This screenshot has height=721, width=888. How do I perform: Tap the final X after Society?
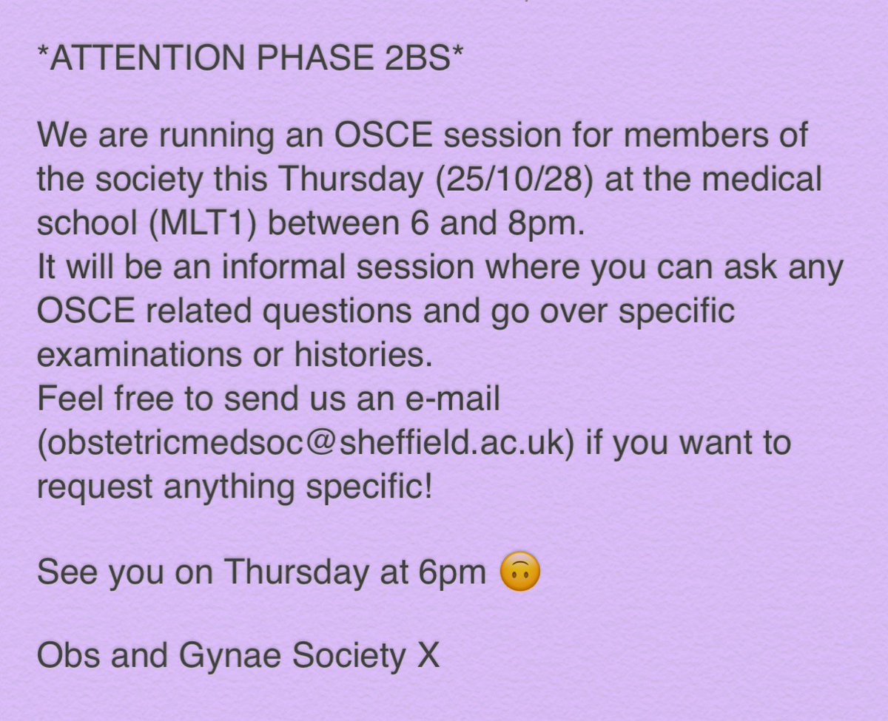point(428,656)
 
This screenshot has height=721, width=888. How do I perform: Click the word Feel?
point(64,400)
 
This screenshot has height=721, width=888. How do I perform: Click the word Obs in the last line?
point(61,656)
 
